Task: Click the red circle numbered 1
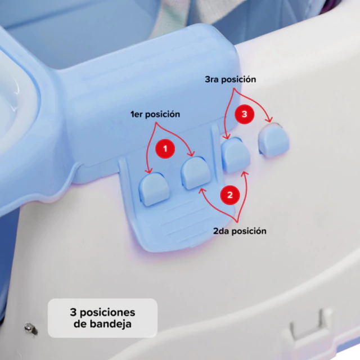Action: (x=165, y=148)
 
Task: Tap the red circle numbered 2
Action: (x=230, y=195)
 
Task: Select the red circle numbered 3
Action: (x=244, y=114)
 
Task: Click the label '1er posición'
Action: (x=155, y=114)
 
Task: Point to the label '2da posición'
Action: (x=240, y=231)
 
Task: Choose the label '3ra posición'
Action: (x=230, y=79)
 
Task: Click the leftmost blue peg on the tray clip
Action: (x=154, y=189)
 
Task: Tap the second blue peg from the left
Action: (x=196, y=173)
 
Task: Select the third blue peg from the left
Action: (x=236, y=154)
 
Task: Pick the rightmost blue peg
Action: (x=274, y=139)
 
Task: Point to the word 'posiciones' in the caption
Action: (x=107, y=313)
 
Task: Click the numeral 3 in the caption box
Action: (x=73, y=312)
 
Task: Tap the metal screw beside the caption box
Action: (x=31, y=328)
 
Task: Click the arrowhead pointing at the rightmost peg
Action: (x=269, y=119)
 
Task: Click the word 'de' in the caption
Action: (x=80, y=324)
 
